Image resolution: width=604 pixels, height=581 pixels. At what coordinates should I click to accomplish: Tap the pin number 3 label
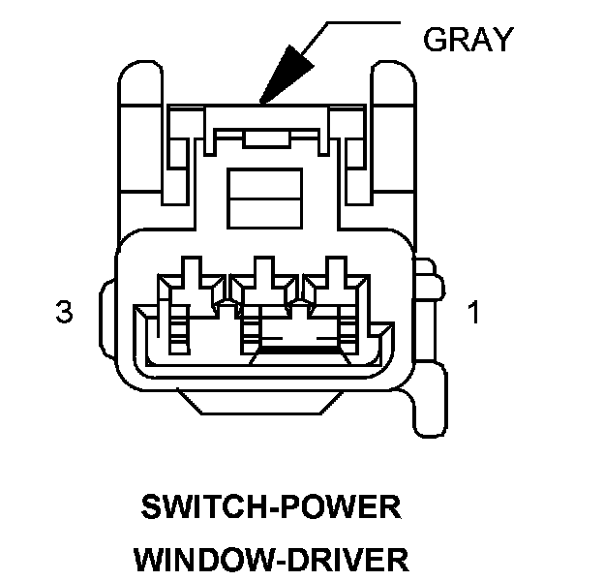(x=64, y=313)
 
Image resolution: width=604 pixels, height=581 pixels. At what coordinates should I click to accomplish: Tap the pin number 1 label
(x=473, y=313)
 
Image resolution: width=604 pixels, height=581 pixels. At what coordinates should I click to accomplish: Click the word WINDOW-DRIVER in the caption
(x=271, y=559)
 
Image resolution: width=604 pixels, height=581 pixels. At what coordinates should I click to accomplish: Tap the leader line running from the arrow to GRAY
(x=348, y=21)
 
